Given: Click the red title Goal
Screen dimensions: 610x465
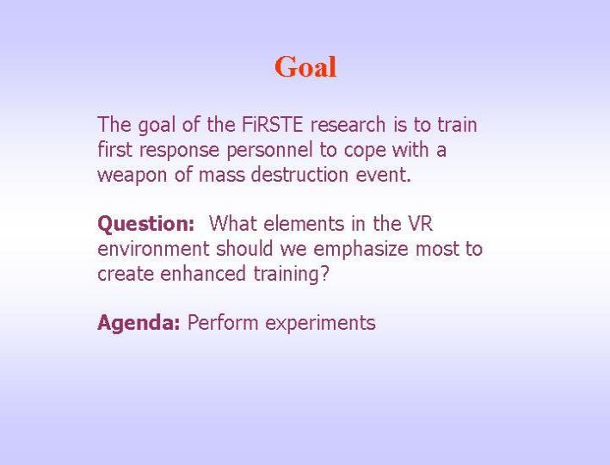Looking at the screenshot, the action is tap(305, 67).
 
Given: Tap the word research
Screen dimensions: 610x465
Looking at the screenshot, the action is tap(348, 125).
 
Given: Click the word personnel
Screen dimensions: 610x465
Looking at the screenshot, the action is tap(269, 150).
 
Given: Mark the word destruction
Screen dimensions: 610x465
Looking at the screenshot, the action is tap(299, 174).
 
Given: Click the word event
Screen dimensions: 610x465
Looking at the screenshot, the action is tap(383, 175).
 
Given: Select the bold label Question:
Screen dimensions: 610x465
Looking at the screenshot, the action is tap(145, 225).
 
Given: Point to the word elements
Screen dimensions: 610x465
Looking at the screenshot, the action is tap(304, 224).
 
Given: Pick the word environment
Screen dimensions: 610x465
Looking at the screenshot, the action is tap(153, 249).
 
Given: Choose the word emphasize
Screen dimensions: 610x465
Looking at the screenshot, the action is tap(360, 250).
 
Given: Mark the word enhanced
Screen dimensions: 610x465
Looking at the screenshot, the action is tap(203, 273).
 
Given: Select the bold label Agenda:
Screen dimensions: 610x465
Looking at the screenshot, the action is tap(139, 323).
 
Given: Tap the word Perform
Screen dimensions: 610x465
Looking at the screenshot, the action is tap(223, 322).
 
